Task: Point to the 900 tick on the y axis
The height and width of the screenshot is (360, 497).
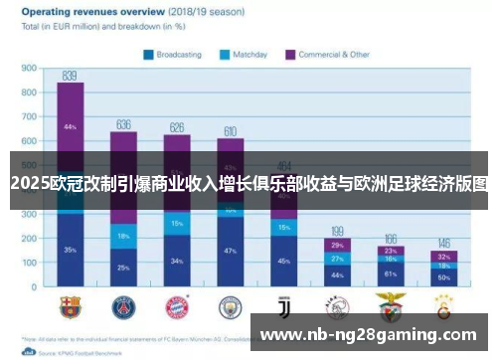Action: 29,69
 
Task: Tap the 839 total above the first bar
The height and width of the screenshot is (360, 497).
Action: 70,76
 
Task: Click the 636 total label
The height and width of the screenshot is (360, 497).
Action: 123,124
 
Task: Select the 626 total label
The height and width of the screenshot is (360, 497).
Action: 177,127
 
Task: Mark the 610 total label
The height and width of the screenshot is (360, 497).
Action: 230,131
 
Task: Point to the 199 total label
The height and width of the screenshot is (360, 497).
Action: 337,231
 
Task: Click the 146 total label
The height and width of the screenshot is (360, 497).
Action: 443,244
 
